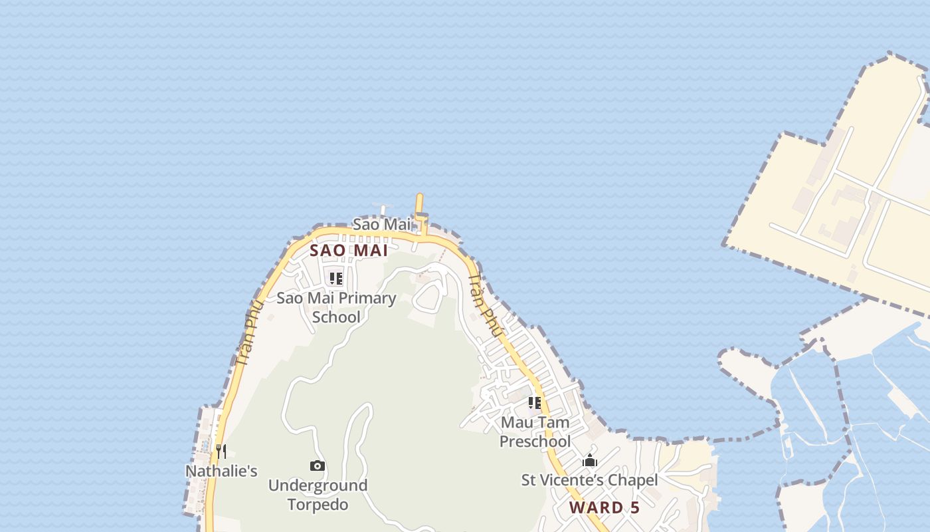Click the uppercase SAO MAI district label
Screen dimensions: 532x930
coord(349,251)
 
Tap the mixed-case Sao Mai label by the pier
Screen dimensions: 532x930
coord(382,225)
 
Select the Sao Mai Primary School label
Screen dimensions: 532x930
coord(336,307)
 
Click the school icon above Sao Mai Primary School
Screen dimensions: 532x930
coord(336,278)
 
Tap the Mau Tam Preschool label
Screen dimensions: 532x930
coord(535,432)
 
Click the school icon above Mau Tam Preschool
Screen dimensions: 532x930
coord(535,402)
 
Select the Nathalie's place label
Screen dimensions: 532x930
coord(221,471)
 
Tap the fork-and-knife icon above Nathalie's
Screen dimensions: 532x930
coord(221,452)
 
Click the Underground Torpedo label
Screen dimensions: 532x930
coord(318,495)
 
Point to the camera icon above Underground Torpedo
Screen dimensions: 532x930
coord(318,465)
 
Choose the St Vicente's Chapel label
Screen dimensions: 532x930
coord(589,480)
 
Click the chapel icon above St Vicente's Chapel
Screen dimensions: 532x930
coord(589,460)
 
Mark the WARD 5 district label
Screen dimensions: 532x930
coord(604,508)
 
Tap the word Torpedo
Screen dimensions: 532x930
coord(318,505)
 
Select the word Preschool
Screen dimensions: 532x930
coord(535,442)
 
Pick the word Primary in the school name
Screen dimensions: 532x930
coord(365,298)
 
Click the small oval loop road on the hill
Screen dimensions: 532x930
coord(428,297)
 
